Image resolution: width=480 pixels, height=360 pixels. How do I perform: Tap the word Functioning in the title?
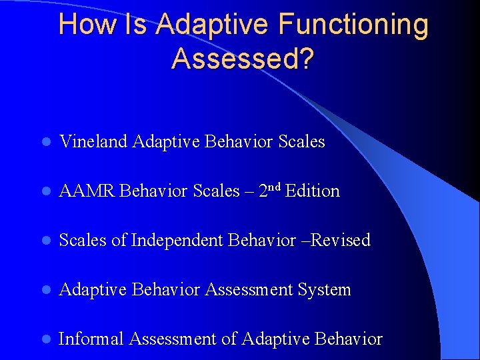[353, 25]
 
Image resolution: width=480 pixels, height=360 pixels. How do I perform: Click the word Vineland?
[93, 142]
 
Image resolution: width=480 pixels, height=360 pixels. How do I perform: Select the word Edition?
[312, 191]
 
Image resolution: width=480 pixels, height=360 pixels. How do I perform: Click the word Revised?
[341, 241]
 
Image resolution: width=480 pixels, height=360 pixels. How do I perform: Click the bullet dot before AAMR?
[45, 192]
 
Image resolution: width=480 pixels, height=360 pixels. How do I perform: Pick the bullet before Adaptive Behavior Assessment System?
[45, 291]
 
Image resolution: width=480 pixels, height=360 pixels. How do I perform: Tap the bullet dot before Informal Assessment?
[45, 340]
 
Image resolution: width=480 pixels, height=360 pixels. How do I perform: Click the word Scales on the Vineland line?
[301, 142]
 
